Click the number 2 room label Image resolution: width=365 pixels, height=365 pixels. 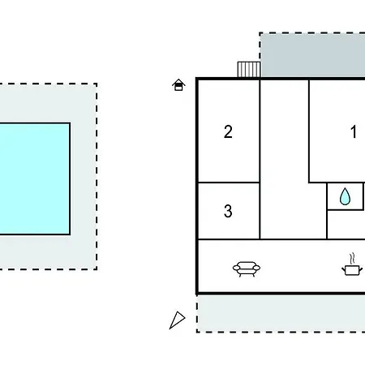(228, 131)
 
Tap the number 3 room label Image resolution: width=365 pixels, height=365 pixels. (228, 211)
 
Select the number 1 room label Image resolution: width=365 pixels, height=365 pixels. (354, 131)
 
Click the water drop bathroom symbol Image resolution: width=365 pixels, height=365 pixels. (345, 196)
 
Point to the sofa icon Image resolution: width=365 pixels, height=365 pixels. (247, 268)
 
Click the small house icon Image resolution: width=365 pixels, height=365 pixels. (178, 85)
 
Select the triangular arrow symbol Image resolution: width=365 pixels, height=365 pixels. (177, 320)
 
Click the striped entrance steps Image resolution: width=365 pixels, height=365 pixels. (249, 70)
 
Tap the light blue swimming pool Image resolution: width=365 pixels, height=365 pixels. (35, 178)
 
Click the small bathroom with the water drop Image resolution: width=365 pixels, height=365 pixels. (345, 196)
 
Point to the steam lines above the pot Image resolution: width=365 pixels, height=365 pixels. (352, 258)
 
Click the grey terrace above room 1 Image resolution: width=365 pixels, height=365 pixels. (312, 55)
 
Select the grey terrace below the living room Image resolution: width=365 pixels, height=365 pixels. (281, 313)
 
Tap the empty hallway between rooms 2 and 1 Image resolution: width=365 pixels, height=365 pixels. (285, 160)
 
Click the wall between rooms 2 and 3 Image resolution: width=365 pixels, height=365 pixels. (229, 182)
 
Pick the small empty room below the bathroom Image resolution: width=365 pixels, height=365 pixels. (346, 225)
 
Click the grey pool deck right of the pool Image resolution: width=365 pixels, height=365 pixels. (84, 176)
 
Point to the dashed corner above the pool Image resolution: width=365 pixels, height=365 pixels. (97, 84)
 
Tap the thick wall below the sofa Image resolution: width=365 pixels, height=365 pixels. (281, 293)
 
